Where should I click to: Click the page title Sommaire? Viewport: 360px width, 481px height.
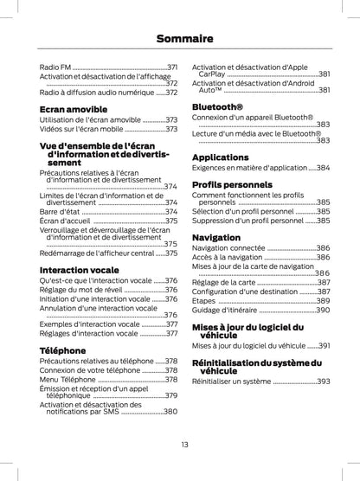tap(179, 38)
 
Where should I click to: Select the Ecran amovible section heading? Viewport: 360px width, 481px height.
tap(74, 109)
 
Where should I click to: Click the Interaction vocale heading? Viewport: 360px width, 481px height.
tap(80, 270)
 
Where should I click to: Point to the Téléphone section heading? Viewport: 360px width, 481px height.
tap(64, 350)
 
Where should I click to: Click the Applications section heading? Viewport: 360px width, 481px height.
tap(220, 157)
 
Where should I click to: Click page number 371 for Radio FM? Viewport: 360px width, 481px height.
tap(172, 66)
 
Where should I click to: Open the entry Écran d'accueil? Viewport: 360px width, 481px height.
tap(64, 221)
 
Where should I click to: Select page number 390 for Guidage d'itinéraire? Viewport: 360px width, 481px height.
tap(323, 309)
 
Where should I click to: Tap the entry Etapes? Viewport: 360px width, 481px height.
tap(205, 300)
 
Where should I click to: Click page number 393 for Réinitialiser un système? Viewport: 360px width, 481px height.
tap(323, 381)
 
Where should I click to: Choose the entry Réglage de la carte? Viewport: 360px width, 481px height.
tap(224, 282)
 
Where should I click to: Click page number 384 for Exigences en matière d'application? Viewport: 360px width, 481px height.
tap(323, 168)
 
